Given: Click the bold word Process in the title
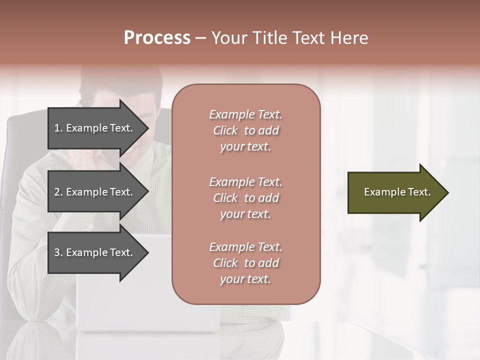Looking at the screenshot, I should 157,38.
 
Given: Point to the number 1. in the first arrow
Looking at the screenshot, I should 58,128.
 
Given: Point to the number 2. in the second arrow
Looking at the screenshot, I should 58,192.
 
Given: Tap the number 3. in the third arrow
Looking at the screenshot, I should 58,252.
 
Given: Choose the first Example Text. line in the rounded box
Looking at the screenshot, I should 245,114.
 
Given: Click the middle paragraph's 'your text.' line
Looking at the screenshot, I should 245,214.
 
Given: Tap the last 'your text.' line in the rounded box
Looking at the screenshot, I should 245,279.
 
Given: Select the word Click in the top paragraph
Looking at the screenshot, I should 225,130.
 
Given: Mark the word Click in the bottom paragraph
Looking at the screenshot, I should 225,263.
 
